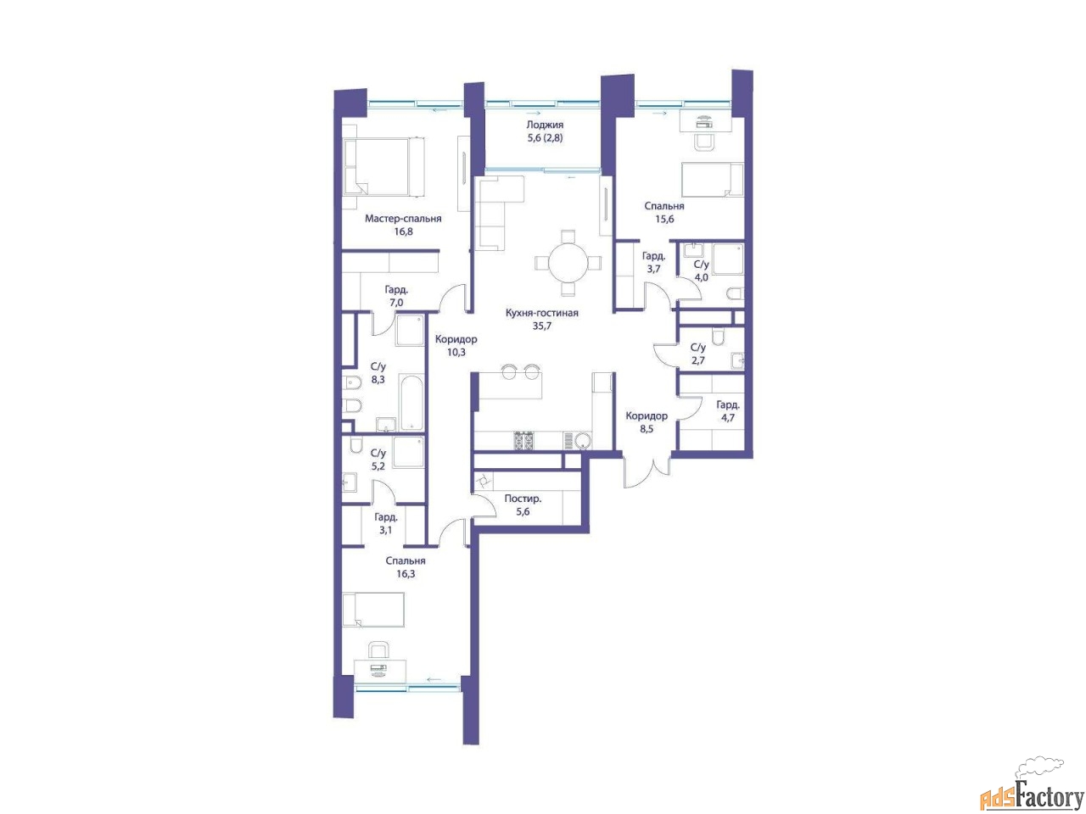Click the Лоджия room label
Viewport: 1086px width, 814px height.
(x=544, y=125)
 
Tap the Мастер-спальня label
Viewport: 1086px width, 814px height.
(x=403, y=219)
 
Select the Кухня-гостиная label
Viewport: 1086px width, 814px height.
(x=542, y=313)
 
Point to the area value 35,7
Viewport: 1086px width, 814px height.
(x=542, y=326)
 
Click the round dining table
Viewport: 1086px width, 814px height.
(x=568, y=263)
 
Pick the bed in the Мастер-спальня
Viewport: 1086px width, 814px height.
(x=384, y=166)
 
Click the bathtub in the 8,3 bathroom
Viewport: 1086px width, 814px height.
(x=411, y=403)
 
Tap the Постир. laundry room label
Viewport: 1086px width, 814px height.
(x=523, y=499)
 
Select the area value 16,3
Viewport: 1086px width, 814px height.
(x=406, y=574)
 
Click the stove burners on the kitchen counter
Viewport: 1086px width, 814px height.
(x=524, y=441)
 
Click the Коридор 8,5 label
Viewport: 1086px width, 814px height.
(x=647, y=422)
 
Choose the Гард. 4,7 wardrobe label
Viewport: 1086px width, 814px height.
(x=728, y=411)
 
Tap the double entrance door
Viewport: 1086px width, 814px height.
(x=647, y=472)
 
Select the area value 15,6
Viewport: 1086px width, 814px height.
(x=664, y=219)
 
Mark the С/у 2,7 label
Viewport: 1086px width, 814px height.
(x=698, y=354)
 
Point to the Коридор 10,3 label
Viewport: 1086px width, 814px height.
(x=456, y=345)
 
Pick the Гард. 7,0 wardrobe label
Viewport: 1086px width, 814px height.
(x=396, y=296)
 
